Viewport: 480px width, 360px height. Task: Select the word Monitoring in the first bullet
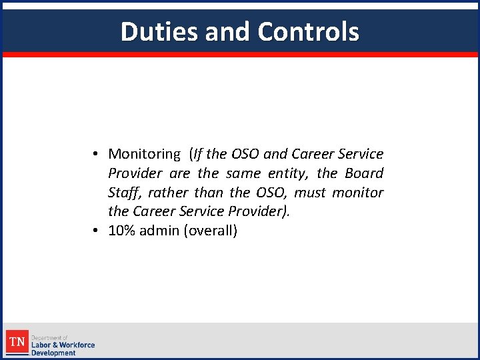(144, 154)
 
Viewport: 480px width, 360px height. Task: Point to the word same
(243, 173)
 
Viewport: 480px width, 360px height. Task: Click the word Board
(364, 173)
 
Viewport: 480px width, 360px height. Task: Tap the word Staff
(125, 193)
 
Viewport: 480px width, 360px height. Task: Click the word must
(311, 193)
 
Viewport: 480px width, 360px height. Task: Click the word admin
(162, 231)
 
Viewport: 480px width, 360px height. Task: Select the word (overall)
(211, 231)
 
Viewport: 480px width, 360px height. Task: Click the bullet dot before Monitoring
(97, 154)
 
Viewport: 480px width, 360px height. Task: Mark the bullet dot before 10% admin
(97, 231)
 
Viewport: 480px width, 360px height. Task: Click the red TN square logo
(17, 342)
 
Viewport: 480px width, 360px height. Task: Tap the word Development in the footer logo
(53, 353)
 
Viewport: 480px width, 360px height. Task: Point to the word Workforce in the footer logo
(77, 345)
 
